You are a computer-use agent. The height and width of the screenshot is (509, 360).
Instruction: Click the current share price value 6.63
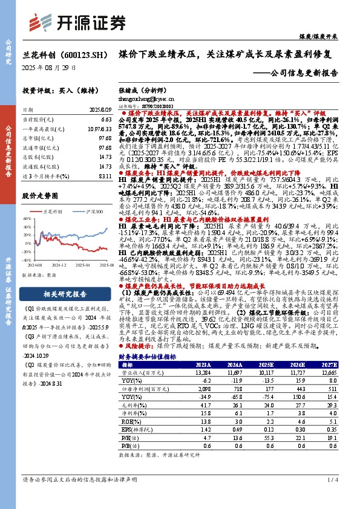[x=106, y=120]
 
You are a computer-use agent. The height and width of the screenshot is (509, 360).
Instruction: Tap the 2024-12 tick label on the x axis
[x=59, y=265]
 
